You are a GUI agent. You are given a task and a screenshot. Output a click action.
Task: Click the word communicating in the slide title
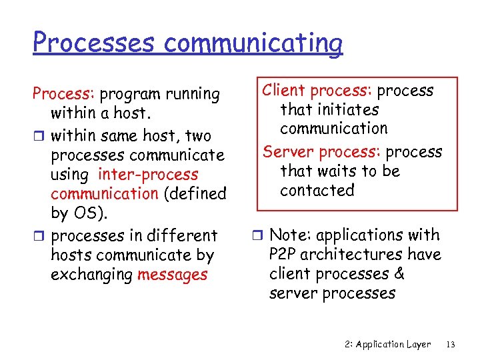click(253, 43)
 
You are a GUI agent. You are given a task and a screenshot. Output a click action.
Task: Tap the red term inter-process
click(148, 175)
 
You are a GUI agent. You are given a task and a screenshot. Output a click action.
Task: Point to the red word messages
click(172, 275)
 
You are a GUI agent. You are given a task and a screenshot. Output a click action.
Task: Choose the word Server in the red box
click(285, 152)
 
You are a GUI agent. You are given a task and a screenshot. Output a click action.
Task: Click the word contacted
click(317, 191)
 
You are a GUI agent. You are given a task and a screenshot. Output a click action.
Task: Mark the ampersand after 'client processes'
click(399, 274)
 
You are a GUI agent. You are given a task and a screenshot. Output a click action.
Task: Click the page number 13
click(451, 345)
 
